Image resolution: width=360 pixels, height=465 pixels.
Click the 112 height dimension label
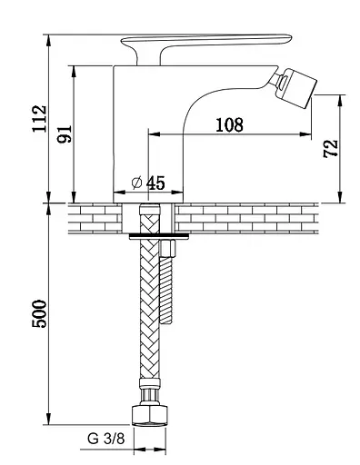coord(40,119)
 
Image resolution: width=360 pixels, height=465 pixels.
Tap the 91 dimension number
coord(65,134)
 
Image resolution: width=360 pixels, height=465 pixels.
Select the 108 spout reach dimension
coord(229,124)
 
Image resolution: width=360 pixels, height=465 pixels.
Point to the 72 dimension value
coord(330,149)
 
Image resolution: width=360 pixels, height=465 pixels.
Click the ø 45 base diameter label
coord(148,183)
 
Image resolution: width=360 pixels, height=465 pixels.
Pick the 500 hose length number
coord(40,313)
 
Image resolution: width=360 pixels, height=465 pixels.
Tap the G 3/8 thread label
coord(106,439)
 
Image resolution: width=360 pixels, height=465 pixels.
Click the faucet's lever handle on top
coord(206,45)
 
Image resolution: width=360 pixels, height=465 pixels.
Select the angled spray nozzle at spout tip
coord(294,87)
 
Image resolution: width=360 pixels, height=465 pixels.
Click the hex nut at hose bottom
coord(150,415)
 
